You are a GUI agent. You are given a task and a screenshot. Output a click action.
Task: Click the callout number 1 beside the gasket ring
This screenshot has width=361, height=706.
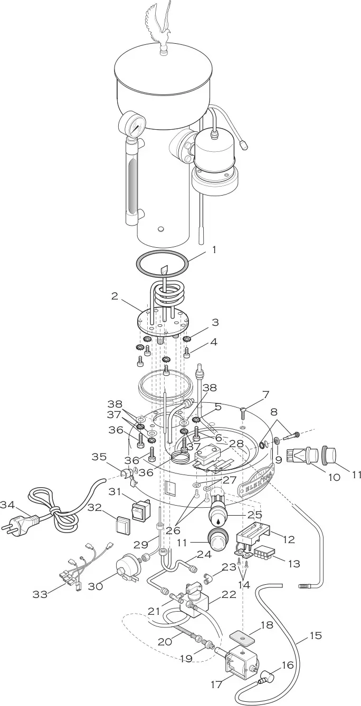[x=214, y=250]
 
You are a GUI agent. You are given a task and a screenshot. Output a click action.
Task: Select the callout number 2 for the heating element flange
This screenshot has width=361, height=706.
[x=115, y=296]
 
